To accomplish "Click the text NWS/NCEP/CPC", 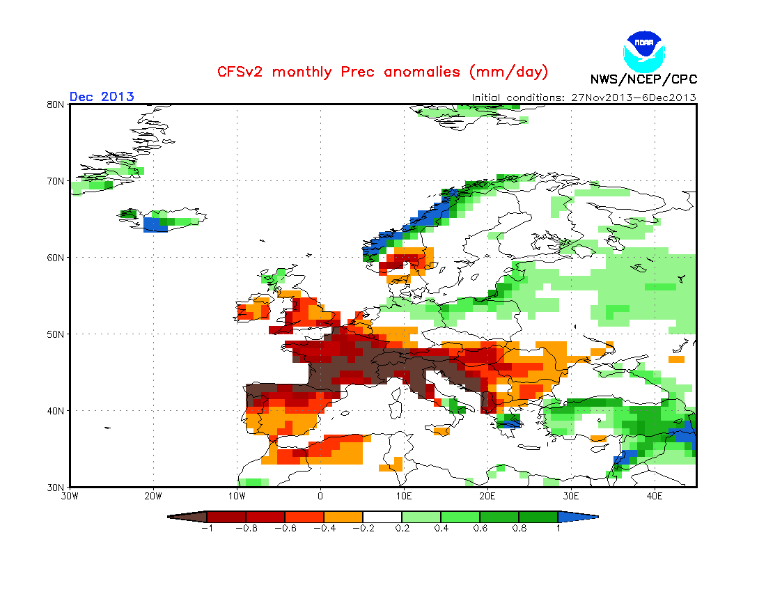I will [643, 79].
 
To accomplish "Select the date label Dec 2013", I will [102, 97].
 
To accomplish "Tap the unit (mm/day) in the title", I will [508, 72].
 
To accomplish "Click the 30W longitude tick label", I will [70, 497].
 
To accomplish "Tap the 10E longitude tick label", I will [404, 497].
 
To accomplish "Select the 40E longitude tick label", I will [655, 497].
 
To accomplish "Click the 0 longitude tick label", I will [320, 497].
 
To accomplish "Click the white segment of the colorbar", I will [382, 517].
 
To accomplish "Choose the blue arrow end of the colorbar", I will [577, 517].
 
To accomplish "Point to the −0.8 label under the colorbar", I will [245, 528].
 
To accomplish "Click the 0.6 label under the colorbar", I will [479, 528].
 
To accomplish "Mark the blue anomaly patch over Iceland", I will [155, 224].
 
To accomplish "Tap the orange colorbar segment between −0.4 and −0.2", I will [343, 517].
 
